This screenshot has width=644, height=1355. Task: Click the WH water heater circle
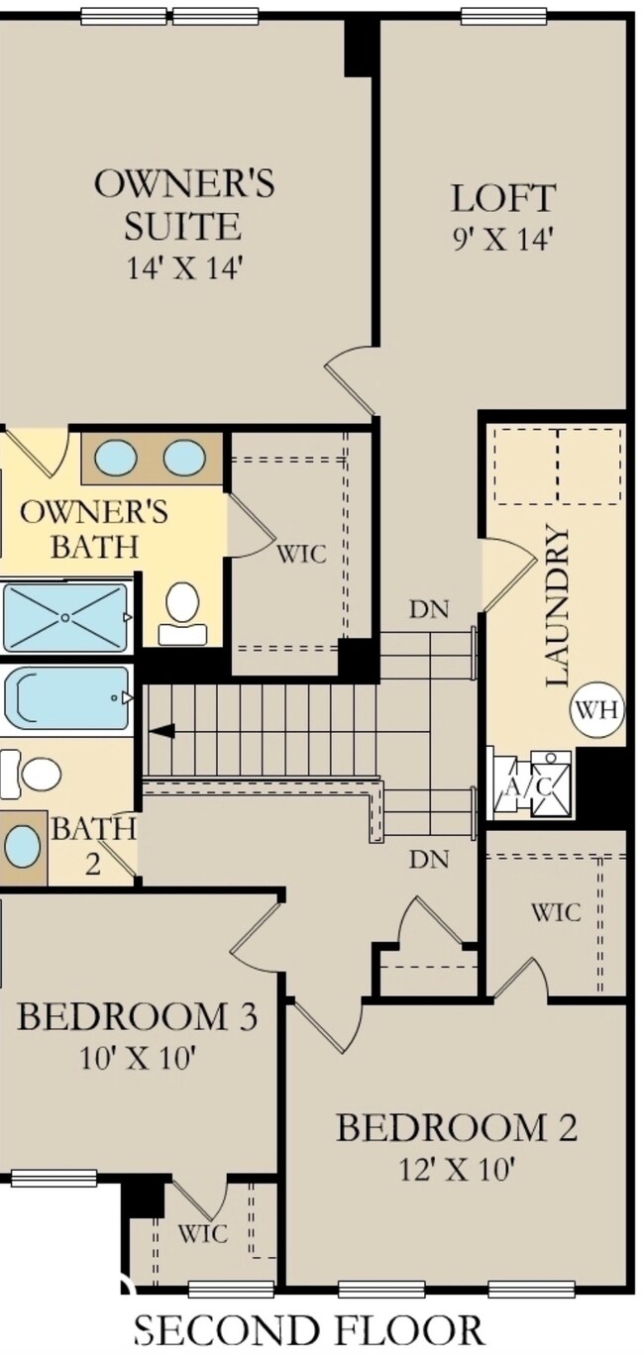tap(596, 709)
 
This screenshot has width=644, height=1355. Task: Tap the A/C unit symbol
tap(531, 783)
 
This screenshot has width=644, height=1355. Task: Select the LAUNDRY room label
tap(558, 606)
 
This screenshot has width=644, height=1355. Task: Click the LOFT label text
tap(503, 198)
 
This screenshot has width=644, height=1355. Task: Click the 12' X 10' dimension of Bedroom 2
tap(457, 1170)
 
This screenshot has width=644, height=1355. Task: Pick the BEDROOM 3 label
tap(138, 1016)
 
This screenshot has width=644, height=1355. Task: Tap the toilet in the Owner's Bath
tap(182, 613)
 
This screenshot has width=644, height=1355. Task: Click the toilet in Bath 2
tap(32, 774)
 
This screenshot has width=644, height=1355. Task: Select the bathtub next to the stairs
tap(66, 698)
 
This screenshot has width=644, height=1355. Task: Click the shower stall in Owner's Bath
tap(65, 617)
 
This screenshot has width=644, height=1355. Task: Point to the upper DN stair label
tap(429, 610)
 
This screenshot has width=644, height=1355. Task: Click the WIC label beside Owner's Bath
tap(302, 554)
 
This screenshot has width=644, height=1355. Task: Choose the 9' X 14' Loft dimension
tap(503, 240)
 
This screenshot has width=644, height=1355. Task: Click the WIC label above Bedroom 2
tap(556, 912)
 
